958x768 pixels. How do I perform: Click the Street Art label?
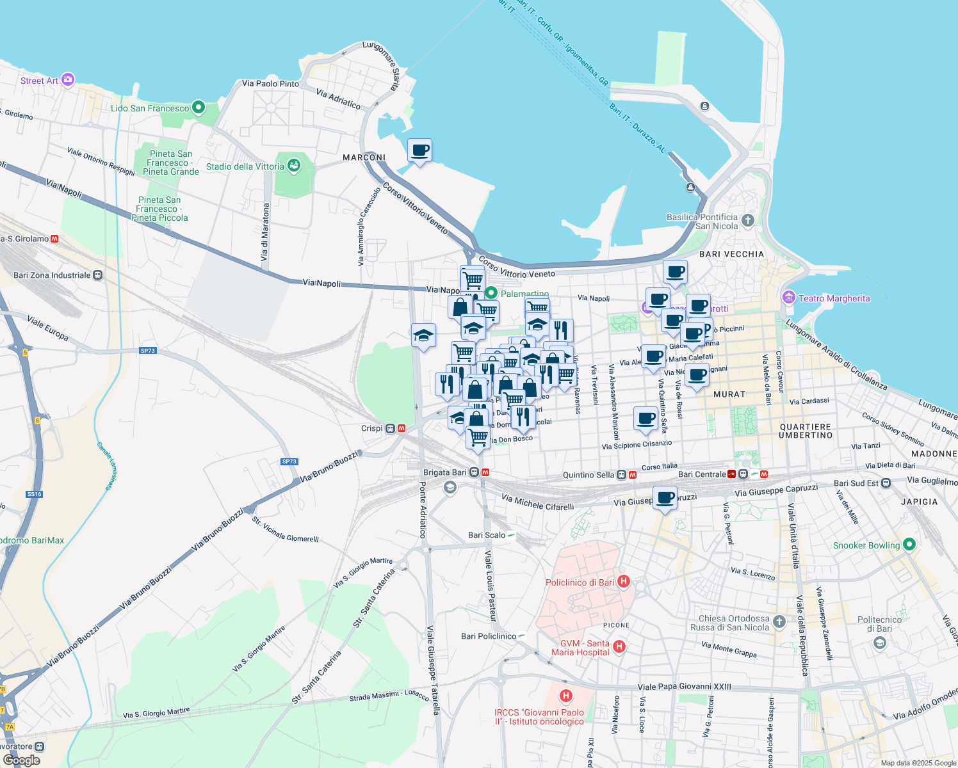pos(39,81)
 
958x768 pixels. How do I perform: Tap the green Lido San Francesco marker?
pos(199,108)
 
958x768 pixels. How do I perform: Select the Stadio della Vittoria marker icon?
pos(294,166)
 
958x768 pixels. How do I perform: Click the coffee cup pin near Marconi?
pos(419,151)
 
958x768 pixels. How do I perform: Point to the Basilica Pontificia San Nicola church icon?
pos(747,221)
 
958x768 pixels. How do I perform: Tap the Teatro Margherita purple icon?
pos(788,298)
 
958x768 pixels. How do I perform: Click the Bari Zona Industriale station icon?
pos(97,275)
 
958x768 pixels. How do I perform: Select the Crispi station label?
pos(371,428)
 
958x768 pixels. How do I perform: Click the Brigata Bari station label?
pos(445,472)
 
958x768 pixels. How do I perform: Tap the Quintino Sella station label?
pos(588,475)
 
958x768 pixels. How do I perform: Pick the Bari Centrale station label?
pos(702,474)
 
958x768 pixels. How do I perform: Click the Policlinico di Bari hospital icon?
pos(624,582)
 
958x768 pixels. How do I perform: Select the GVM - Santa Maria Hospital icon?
pos(619,646)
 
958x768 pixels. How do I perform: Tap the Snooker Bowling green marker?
pos(909,545)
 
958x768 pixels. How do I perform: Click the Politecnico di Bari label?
pos(879,624)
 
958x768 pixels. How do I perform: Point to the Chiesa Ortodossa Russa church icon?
pos(779,621)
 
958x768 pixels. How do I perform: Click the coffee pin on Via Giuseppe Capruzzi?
pos(665,498)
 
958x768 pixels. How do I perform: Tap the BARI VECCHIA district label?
pos(731,254)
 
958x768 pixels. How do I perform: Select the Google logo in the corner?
pos(21,760)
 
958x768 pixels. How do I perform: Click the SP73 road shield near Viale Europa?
pos(147,351)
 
